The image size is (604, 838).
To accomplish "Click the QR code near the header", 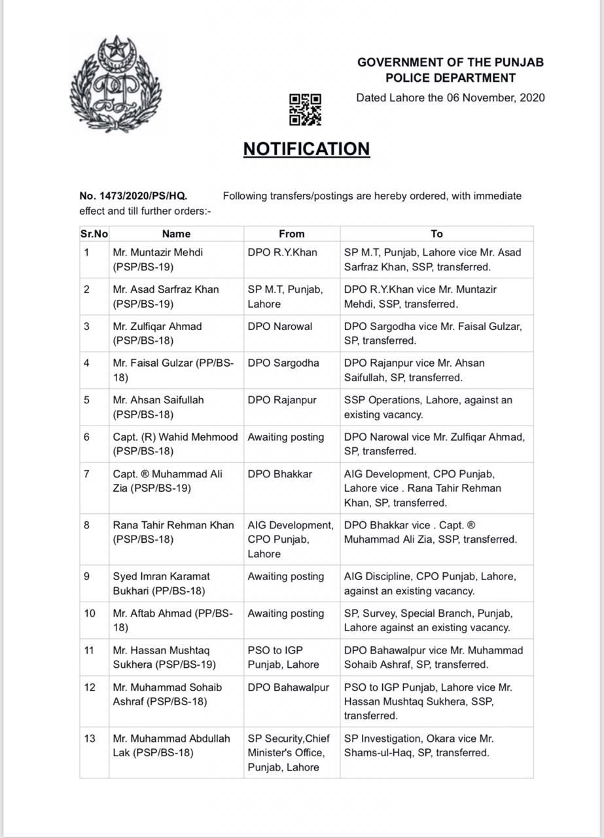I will pos(305,109).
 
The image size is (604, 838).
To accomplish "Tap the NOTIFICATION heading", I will pos(306,149).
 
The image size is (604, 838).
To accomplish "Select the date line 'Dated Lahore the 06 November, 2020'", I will pos(450,98).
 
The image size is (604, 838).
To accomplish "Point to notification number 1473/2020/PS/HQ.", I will pos(133,196).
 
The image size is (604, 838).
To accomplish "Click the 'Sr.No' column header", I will pos(94,234).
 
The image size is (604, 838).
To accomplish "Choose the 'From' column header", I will pos(291,234).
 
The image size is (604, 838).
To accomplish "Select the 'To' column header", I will pos(436,234).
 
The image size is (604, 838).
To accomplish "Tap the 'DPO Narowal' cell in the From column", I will pos(280,326).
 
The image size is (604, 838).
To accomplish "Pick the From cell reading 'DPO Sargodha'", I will pos(283,363).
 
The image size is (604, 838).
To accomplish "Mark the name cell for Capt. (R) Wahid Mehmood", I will pos(175,444).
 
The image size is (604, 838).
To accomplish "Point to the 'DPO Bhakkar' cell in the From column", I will pos(280,473).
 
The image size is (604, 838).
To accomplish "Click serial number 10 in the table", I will pos(89,613).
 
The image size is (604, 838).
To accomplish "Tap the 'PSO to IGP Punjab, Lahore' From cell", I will pos(283,657).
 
